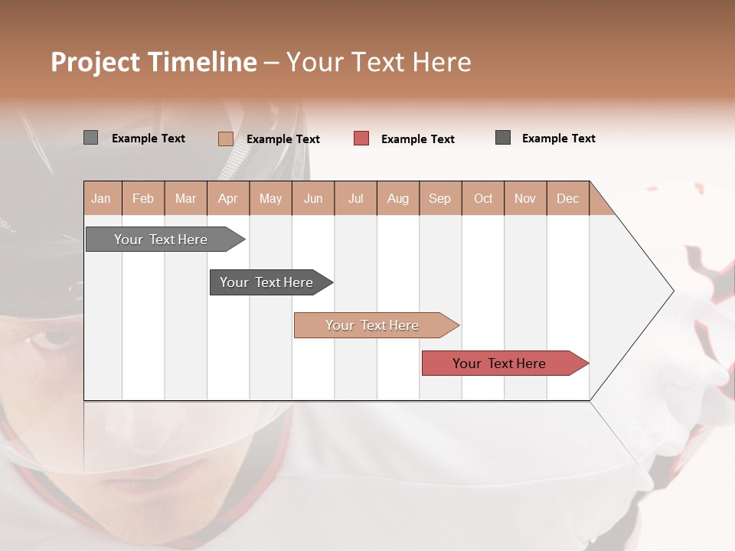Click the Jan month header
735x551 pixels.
point(101,198)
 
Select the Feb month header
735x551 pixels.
point(143,198)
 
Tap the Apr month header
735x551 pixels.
point(228,198)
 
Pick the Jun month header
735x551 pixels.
point(313,198)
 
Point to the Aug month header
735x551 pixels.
point(398,198)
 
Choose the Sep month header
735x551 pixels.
point(440,198)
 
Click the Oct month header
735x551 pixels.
point(483,198)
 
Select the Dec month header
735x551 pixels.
point(568,198)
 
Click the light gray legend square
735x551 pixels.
point(90,138)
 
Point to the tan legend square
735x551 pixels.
point(225,139)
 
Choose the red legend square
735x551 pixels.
point(361,138)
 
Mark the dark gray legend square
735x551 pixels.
point(503,137)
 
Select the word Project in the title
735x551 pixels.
point(94,62)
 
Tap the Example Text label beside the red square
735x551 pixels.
point(417,139)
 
